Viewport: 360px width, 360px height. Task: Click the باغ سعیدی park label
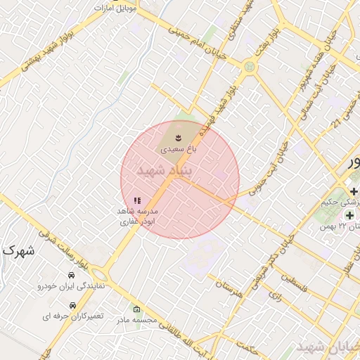click(x=179, y=149)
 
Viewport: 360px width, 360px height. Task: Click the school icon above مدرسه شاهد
click(x=137, y=200)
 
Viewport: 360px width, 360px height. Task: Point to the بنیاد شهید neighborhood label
click(x=165, y=171)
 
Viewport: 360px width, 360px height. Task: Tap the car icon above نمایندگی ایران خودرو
click(x=72, y=274)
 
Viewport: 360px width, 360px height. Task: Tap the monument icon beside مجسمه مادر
click(x=136, y=309)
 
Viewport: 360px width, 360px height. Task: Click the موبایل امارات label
click(x=116, y=8)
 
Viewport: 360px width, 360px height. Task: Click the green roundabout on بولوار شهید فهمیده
click(x=249, y=67)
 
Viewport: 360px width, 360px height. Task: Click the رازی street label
click(x=275, y=298)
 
